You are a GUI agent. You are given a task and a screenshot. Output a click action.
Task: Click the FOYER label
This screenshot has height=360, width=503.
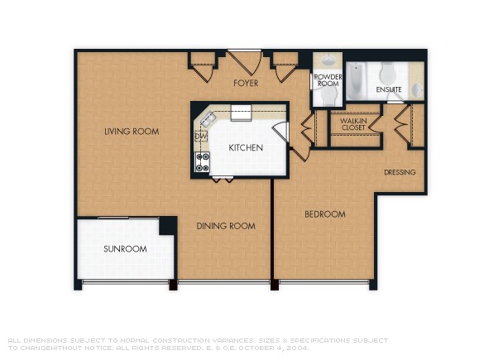pos(246,83)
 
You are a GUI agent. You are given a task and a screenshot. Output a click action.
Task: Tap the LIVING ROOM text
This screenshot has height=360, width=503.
pos(132,132)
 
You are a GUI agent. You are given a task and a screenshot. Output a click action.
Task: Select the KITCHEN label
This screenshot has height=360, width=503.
pos(247,148)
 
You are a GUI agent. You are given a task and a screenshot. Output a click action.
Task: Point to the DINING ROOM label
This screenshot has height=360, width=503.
pos(225,226)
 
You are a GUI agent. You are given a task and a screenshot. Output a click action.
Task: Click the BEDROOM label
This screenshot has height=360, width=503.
pos(324,214)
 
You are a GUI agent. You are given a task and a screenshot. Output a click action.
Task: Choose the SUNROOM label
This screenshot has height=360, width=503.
pos(125,249)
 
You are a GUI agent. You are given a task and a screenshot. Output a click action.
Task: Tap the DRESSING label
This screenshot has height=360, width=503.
pos(400,172)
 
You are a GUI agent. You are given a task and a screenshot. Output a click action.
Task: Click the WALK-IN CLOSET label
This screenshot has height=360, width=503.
pos(354,124)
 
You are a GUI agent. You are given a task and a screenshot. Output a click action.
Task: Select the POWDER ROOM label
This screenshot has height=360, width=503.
pos(328,80)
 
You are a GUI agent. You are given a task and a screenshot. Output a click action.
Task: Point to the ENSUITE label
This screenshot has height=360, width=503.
pos(389,89)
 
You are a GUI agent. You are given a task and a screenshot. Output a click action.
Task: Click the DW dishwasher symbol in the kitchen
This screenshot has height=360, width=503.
pos(200,136)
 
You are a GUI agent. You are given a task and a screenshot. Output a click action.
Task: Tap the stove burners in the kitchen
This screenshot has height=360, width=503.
pos(201,161)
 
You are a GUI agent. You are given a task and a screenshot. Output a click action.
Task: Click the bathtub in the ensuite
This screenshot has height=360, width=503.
pos(356,82)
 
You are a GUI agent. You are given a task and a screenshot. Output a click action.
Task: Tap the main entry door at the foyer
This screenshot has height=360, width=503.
pos(246,62)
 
